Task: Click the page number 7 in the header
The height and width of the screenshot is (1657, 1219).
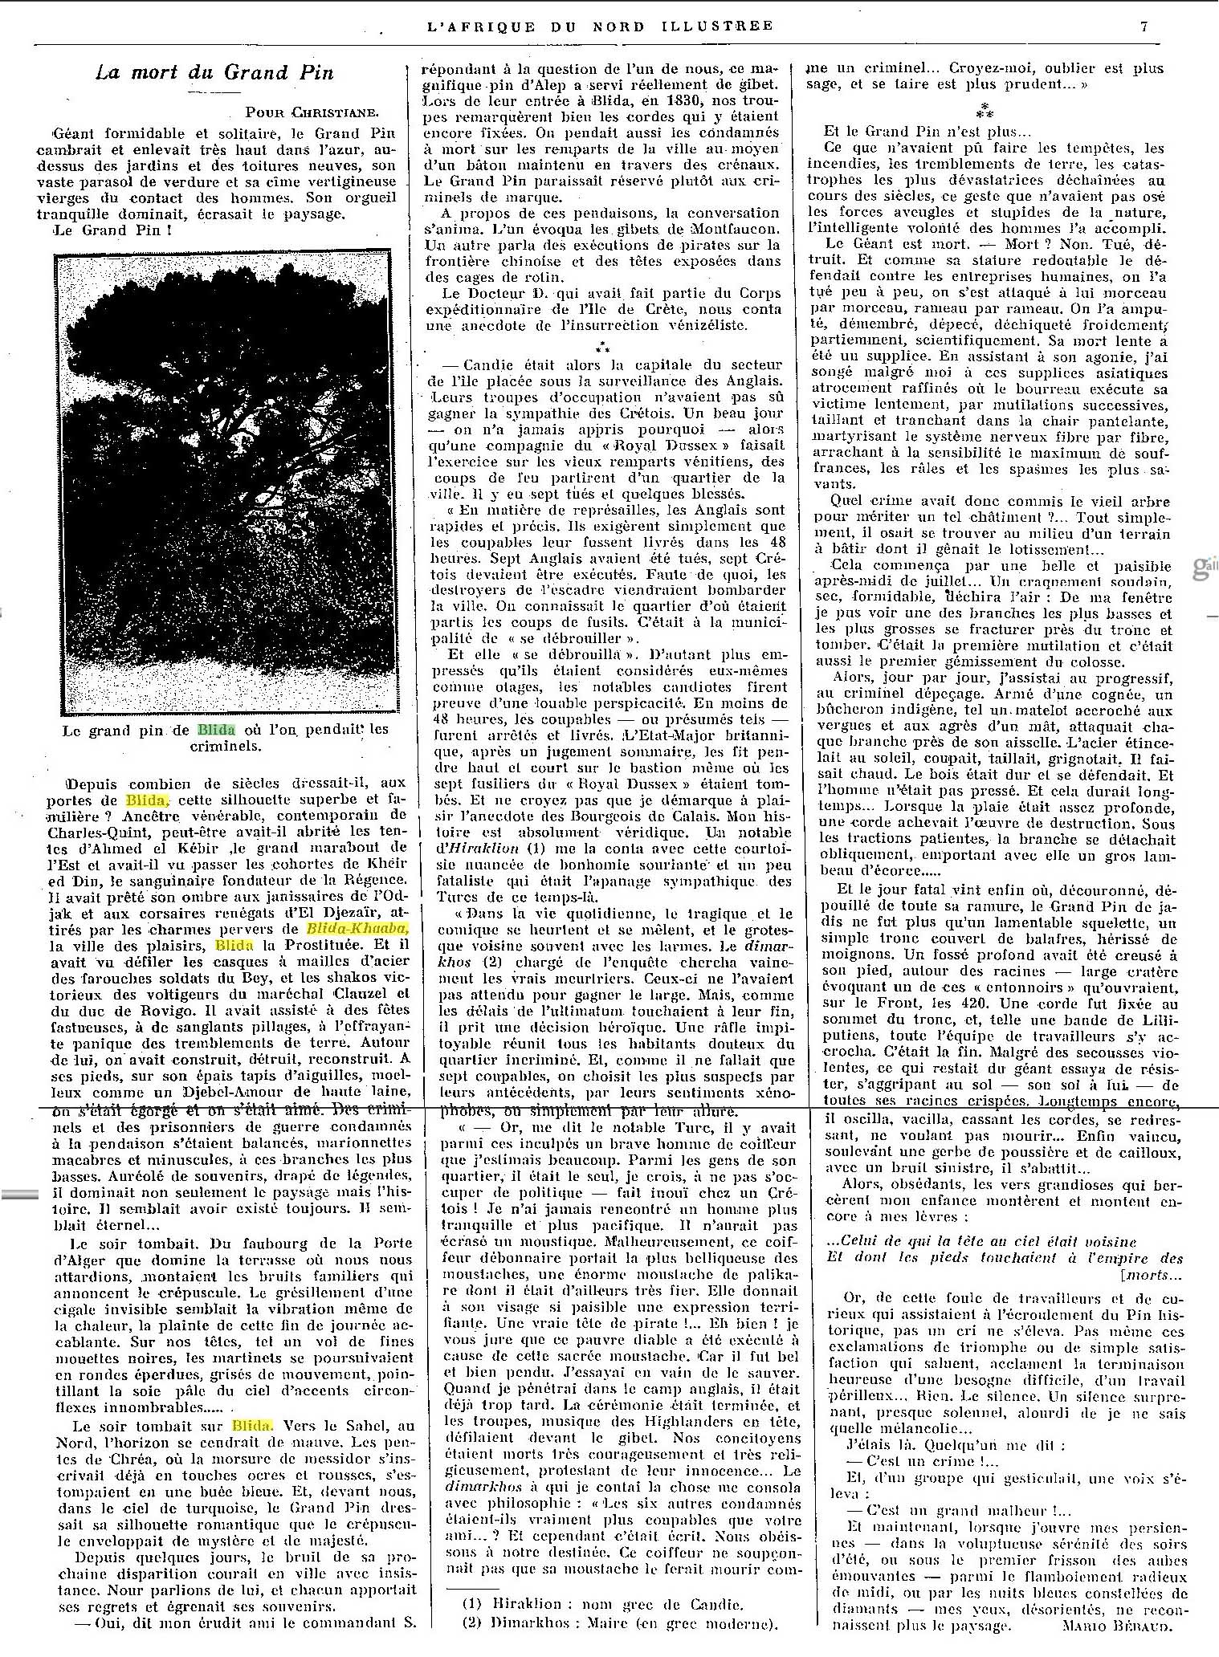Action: [1144, 26]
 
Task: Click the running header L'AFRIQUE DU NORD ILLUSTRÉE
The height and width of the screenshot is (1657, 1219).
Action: [600, 26]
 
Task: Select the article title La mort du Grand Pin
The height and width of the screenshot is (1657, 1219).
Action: [214, 73]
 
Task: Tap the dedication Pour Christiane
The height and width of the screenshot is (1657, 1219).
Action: [312, 112]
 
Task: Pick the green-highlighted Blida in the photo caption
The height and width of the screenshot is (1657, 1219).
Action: [217, 730]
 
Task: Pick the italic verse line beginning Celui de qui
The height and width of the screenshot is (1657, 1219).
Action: [981, 1241]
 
